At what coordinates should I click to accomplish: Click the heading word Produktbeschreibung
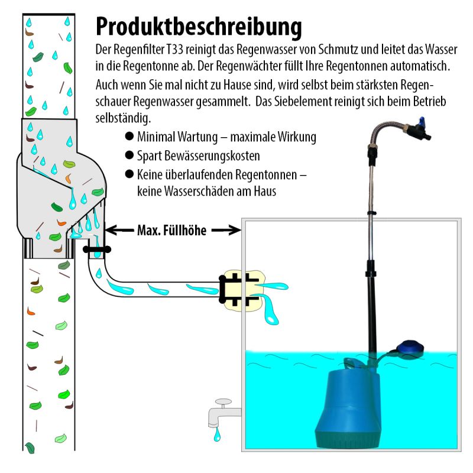tap(199, 27)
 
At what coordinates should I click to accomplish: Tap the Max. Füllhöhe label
tap(171, 231)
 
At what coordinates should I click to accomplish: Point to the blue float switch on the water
tap(408, 349)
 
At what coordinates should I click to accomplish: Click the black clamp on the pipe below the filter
tap(96, 250)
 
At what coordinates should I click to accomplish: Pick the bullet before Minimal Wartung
tap(129, 137)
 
